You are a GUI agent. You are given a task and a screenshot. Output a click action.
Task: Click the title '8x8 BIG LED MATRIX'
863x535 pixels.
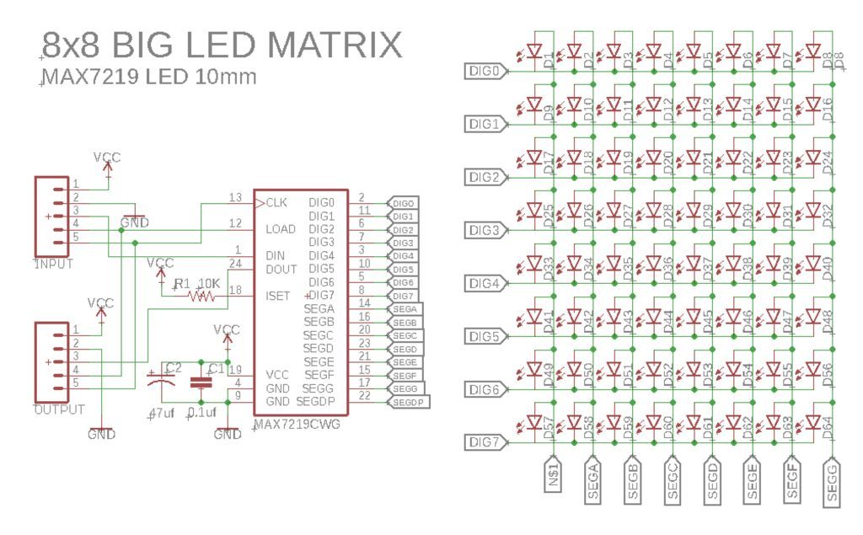point(221,45)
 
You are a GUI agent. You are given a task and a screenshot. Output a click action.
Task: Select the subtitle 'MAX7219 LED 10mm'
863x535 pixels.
point(148,78)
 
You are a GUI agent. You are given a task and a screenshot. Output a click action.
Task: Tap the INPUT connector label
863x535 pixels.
point(53,264)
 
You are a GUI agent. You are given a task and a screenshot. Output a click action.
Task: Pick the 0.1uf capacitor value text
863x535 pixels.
point(201,413)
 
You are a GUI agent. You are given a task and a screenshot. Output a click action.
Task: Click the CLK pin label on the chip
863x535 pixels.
point(276,203)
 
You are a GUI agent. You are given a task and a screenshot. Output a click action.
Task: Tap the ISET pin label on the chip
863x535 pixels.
point(278,295)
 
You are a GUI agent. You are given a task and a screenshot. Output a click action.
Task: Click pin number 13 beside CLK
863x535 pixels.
point(235,198)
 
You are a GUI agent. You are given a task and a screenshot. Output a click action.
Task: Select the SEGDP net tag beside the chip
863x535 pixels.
point(407,403)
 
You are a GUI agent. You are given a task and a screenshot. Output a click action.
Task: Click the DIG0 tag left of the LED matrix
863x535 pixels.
point(486,72)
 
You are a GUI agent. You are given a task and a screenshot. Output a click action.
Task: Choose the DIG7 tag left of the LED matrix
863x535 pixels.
point(486,442)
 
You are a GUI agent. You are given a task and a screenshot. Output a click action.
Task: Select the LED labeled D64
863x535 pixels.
point(812,422)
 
